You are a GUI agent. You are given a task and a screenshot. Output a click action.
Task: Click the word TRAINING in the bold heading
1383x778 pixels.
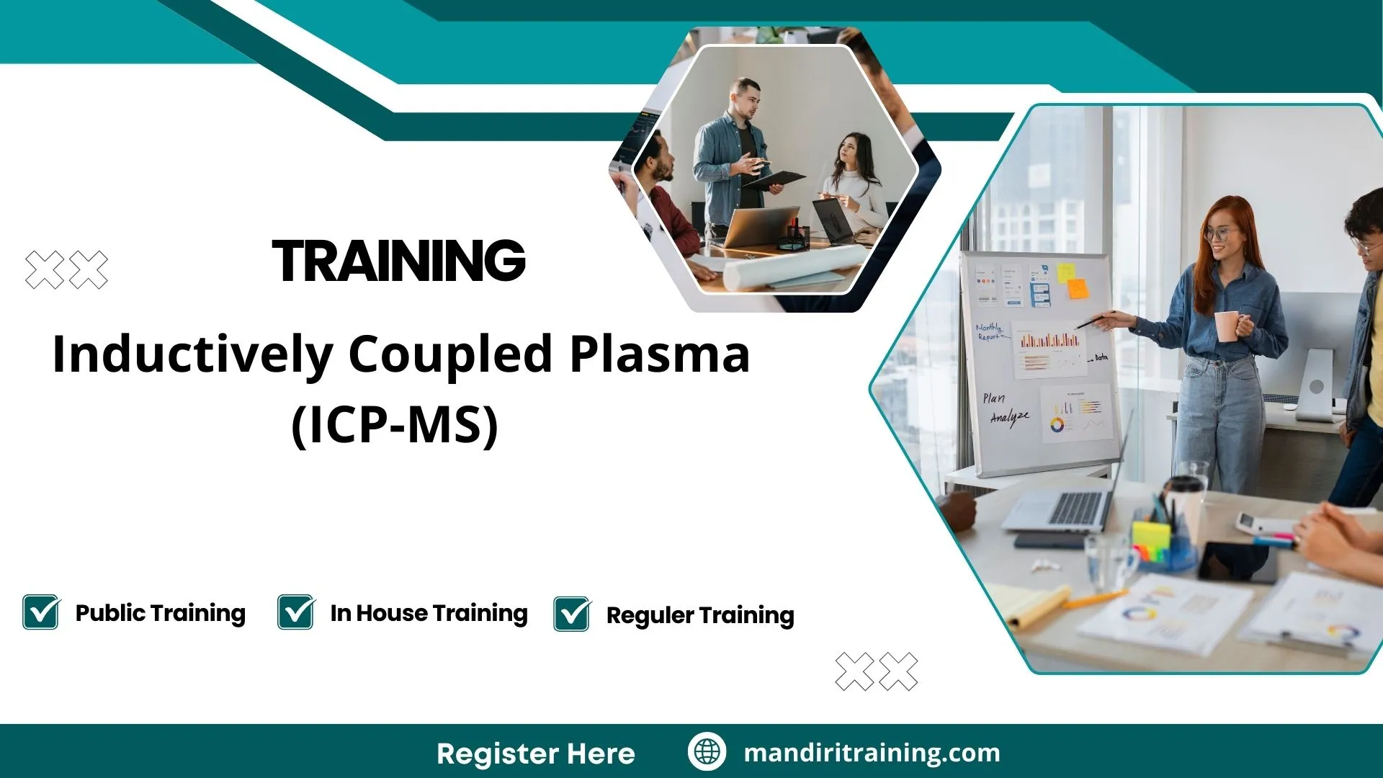coord(398,261)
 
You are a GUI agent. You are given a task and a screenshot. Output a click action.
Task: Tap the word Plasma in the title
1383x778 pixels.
coord(659,354)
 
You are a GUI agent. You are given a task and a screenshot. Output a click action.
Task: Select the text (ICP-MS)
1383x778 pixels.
coord(395,425)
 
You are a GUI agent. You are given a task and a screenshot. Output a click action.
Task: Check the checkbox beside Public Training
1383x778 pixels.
coord(41,612)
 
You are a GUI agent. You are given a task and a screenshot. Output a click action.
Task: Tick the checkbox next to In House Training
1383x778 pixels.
coord(296,612)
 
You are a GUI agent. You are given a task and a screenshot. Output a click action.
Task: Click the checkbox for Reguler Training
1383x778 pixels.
coord(572,614)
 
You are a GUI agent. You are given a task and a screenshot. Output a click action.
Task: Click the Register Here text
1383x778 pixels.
coord(535,754)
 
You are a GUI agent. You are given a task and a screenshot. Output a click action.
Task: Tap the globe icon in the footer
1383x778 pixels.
coord(707,752)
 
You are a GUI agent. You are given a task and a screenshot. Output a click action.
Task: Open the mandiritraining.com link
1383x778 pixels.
coord(872,753)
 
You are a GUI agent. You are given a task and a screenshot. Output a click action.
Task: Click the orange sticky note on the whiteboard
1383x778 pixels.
coord(1078,288)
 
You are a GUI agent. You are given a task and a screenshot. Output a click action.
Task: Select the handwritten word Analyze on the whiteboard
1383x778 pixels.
coord(1009,417)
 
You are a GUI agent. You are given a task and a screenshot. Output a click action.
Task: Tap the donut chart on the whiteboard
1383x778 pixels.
coord(1057,425)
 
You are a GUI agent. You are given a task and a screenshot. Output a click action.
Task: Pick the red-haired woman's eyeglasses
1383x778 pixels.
coord(1217,233)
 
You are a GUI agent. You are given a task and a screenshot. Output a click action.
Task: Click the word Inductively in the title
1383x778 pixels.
coord(192,354)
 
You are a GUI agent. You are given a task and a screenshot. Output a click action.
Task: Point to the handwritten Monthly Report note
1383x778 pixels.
coord(989,331)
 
